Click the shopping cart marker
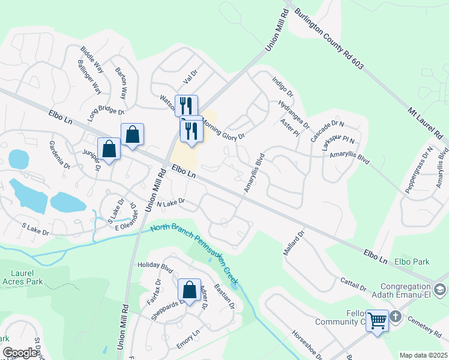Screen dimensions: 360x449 pos(378,320)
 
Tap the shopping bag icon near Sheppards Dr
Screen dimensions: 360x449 pos(190,290)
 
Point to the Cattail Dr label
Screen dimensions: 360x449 pos(353,283)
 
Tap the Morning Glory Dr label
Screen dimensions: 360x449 pos(224,128)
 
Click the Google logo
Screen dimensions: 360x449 pos(20,353)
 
